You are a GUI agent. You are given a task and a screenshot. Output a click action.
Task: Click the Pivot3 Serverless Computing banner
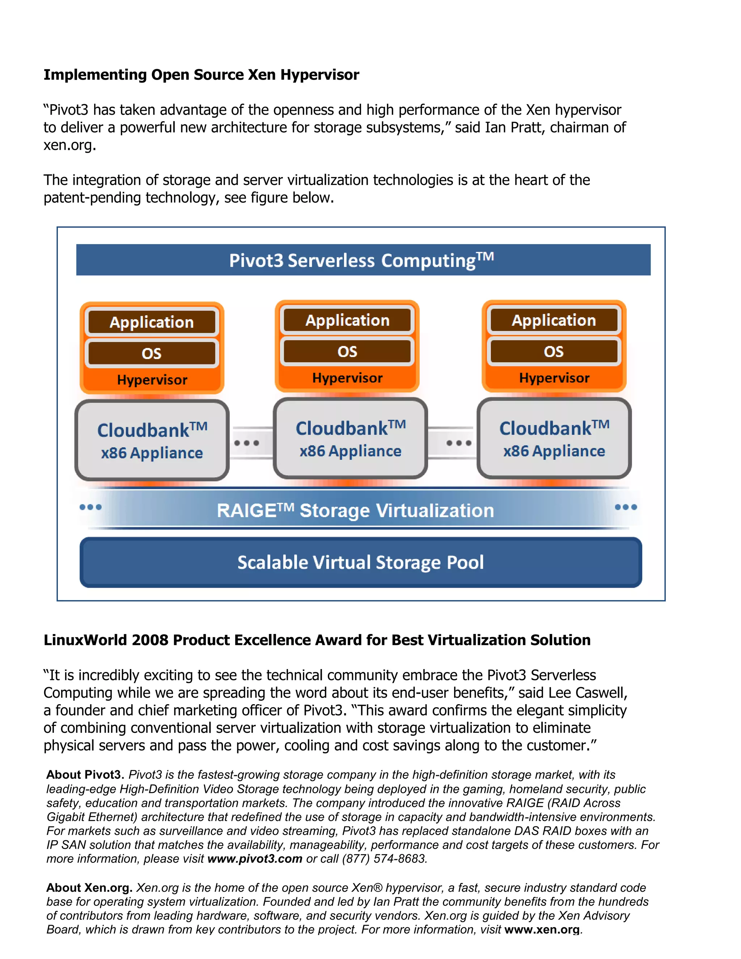click(x=363, y=260)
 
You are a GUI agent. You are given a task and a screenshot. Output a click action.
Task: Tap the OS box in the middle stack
click(x=347, y=352)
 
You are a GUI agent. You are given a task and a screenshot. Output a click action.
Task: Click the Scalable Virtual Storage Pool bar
click(x=360, y=562)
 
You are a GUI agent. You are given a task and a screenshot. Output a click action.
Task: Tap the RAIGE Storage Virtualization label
click(x=355, y=511)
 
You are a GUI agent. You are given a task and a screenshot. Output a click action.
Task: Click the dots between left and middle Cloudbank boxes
click(x=247, y=443)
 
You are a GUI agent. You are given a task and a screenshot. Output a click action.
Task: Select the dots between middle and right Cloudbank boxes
click(x=459, y=443)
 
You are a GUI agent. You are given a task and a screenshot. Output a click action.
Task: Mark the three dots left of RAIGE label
click(x=90, y=507)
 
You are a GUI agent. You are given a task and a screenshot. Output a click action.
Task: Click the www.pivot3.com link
click(x=255, y=858)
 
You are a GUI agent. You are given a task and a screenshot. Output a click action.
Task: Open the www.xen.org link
click(x=542, y=930)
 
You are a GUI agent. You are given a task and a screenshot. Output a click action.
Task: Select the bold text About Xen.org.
click(x=89, y=887)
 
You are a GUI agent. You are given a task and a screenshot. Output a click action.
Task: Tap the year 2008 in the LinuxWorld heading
click(x=150, y=640)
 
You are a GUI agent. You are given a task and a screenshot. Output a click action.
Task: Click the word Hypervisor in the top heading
click(x=319, y=75)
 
